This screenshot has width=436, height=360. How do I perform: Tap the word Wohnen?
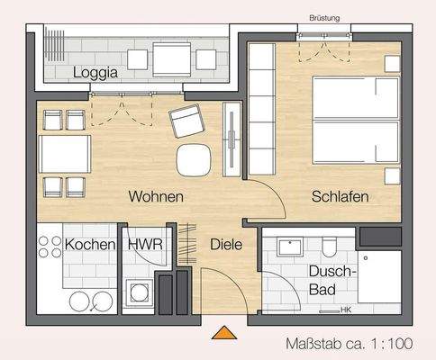(x=156, y=196)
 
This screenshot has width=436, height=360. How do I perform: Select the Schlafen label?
(x=341, y=196)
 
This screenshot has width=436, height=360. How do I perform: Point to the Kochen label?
(x=89, y=245)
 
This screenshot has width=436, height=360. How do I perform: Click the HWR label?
(x=144, y=245)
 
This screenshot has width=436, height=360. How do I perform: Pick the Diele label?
(x=226, y=244)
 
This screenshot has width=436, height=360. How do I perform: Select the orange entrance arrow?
(x=222, y=334)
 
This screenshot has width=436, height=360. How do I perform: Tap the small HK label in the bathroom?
(x=346, y=310)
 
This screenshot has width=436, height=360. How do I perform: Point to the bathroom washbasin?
(x=289, y=247)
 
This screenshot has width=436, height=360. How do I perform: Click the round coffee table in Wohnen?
(x=194, y=159)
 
